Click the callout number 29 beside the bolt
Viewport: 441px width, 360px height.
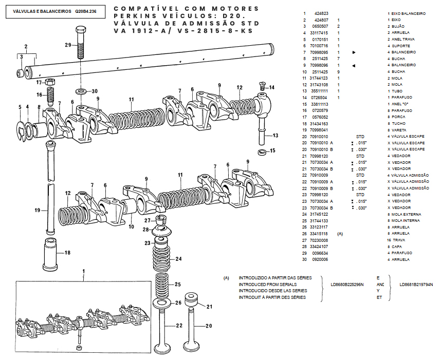point(68,45)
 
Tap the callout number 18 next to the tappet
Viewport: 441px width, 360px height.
point(67,252)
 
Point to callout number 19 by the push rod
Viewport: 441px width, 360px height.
point(38,211)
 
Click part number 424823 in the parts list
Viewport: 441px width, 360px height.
point(321,13)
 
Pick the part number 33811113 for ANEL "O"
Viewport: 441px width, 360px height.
point(320,104)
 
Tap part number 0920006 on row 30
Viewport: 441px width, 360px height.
point(320,259)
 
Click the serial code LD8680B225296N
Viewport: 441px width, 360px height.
point(347,284)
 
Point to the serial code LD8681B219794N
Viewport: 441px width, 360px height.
point(416,284)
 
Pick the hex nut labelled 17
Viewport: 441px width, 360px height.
point(50,82)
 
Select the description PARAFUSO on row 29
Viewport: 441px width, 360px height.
point(402,253)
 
